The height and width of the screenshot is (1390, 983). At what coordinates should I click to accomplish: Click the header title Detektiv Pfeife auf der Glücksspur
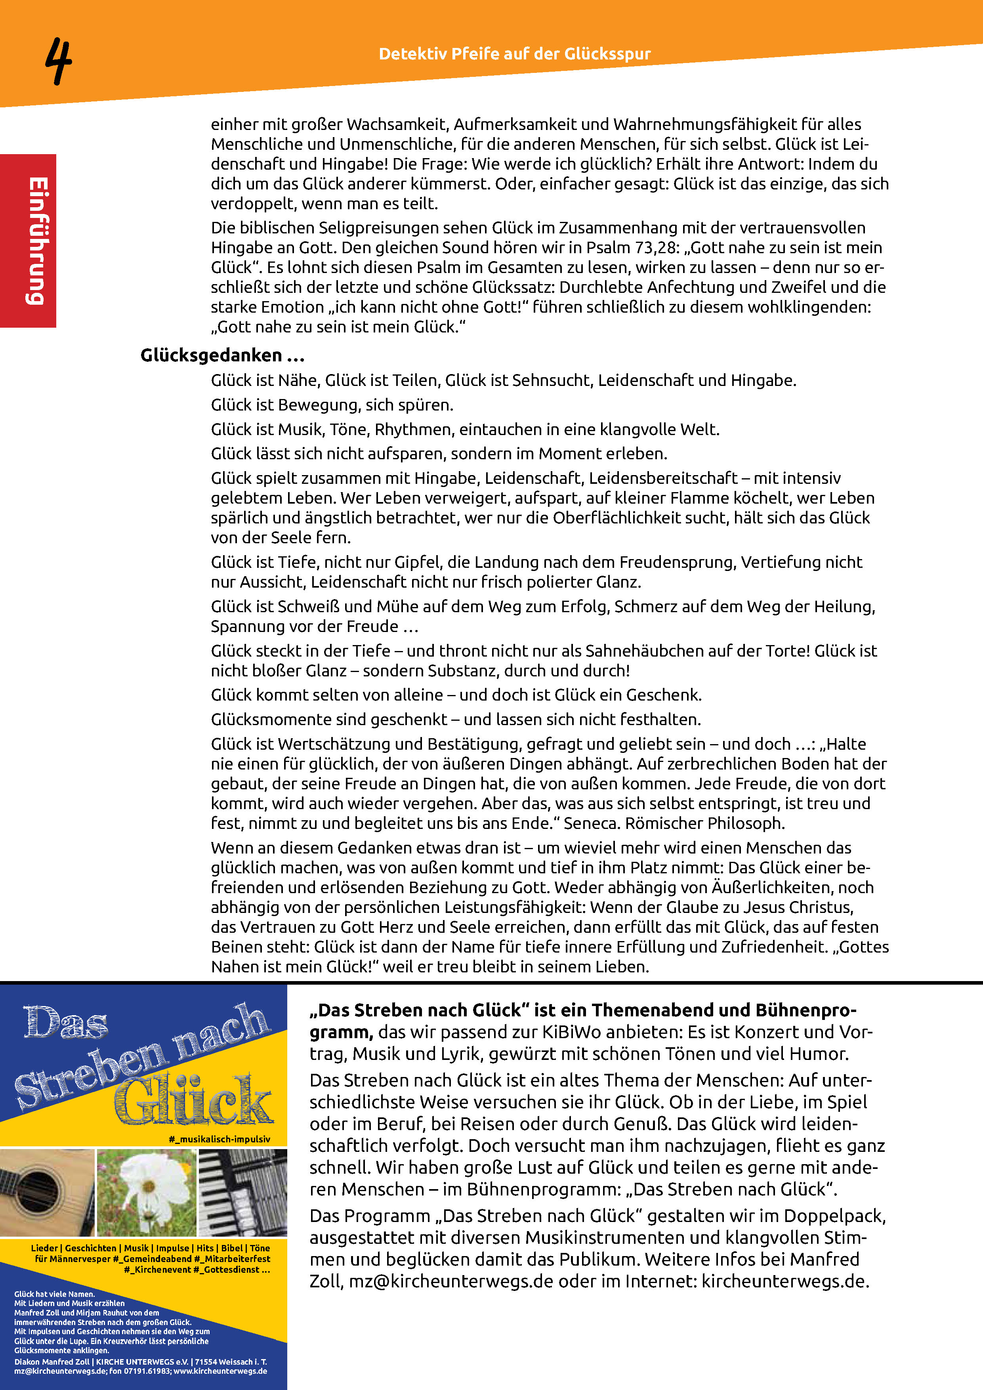click(x=515, y=54)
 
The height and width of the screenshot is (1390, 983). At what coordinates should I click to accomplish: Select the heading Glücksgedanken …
click(x=222, y=355)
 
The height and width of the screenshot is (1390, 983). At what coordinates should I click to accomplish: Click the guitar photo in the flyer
click(x=47, y=1192)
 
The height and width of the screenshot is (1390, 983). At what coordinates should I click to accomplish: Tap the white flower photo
click(x=147, y=1192)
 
